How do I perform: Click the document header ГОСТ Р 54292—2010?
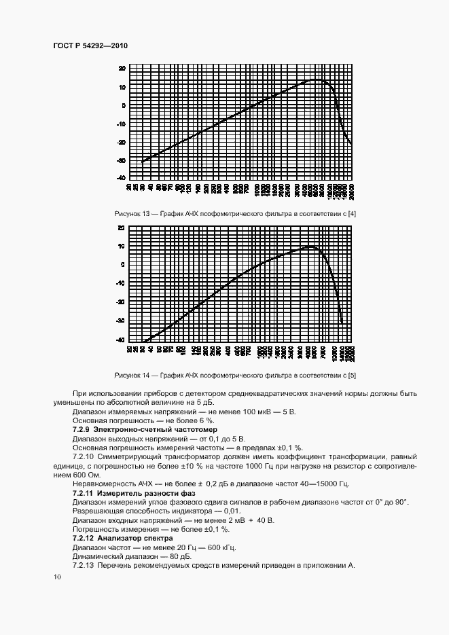tap(90, 46)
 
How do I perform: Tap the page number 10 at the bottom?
tap(57, 577)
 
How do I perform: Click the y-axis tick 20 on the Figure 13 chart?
tap(122, 69)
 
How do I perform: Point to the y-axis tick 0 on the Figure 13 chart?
tap(124, 105)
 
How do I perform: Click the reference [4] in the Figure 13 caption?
tap(352, 215)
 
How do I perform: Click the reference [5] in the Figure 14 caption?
tap(352, 375)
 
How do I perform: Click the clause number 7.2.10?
tap(84, 457)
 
